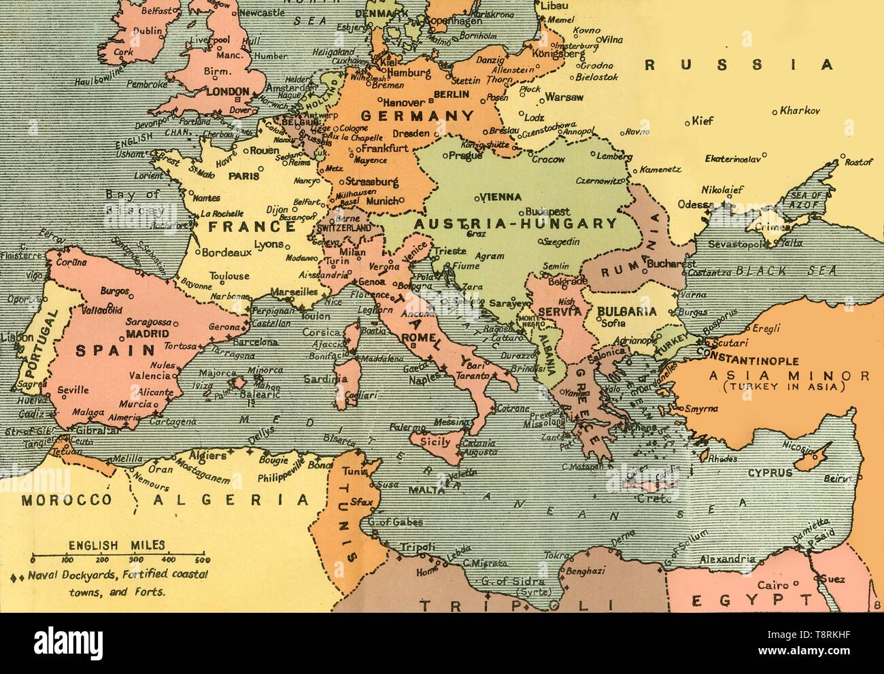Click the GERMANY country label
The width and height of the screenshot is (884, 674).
pos(416,116)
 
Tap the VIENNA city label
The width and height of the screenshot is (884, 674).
pos(500,197)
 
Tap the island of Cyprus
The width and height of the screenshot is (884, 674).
pos(812,460)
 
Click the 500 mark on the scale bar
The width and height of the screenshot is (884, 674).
pos(202,560)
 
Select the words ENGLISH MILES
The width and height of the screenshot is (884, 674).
pos(116,544)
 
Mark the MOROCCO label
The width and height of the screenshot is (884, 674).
pos(65,500)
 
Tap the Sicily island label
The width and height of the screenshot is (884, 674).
pos(436,442)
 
